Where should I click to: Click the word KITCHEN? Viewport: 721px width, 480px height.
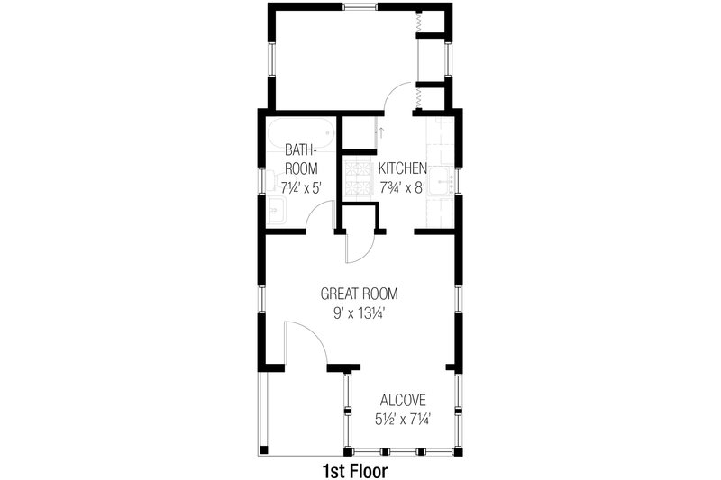tap(402, 168)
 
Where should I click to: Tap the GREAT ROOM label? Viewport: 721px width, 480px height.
tap(360, 294)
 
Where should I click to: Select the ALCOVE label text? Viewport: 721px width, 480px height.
tap(402, 400)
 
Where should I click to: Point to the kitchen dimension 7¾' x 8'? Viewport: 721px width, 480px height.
tap(402, 188)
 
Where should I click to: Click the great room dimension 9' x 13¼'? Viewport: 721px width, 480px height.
tap(360, 313)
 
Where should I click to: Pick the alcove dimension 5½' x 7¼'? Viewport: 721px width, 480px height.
tap(402, 420)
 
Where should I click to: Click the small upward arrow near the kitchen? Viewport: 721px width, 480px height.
tap(381, 132)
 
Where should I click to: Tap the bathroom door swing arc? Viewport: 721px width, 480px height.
tap(318, 213)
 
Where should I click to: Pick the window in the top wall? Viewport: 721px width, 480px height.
tap(360, 8)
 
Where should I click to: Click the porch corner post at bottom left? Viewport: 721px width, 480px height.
tap(263, 449)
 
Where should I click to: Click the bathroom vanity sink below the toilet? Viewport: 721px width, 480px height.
tap(277, 212)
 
